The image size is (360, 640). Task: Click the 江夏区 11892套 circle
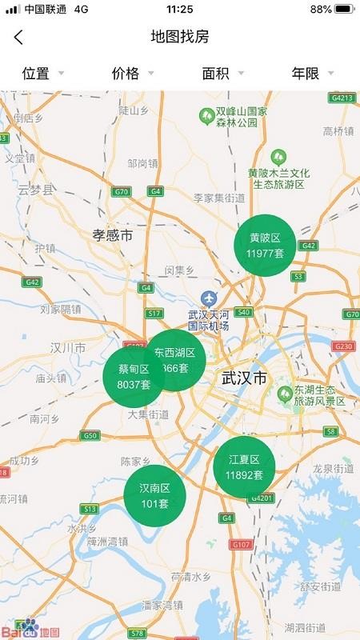[x=244, y=467]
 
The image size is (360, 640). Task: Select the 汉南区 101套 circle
[x=154, y=495]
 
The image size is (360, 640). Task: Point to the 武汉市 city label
[x=244, y=378]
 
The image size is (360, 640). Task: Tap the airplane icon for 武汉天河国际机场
[x=209, y=298]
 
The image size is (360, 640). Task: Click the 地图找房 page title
[x=180, y=37]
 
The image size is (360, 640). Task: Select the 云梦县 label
[x=35, y=190]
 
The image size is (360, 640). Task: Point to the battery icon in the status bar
[x=344, y=9]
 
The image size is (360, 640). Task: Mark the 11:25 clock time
[x=180, y=9]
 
